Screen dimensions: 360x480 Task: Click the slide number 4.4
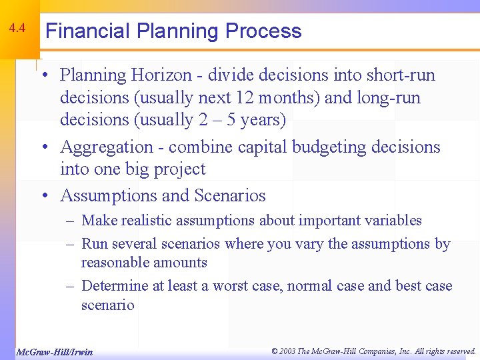pos(17,29)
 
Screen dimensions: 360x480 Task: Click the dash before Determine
pos(69,286)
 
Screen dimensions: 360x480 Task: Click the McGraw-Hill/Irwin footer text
pos(54,351)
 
